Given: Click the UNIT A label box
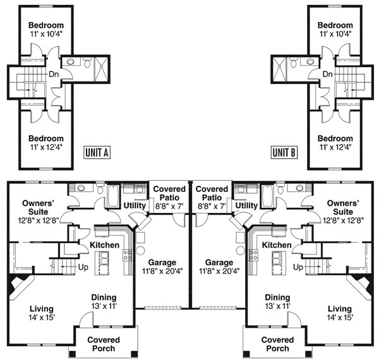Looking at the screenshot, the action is tap(97, 152).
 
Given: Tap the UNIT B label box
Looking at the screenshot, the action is tap(284, 152).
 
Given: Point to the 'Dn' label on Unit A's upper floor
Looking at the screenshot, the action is tap(54, 74).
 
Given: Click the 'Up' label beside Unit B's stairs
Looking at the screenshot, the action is tap(298, 267).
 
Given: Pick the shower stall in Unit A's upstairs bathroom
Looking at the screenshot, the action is tap(101, 69).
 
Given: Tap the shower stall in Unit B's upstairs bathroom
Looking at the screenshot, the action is tap(279, 69).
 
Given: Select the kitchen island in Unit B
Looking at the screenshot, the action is tap(279, 263).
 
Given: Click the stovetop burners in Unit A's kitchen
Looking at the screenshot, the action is tap(128, 255).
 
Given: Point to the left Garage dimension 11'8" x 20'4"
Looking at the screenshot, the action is tap(162, 271).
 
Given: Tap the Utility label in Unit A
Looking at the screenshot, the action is tap(135, 206).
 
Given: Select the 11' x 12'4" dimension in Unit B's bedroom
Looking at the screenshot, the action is tap(335, 147).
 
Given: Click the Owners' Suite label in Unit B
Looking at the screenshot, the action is tap(343, 207).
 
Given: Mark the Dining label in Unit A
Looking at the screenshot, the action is tap(104, 297).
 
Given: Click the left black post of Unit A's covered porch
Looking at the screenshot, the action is tap(72, 354).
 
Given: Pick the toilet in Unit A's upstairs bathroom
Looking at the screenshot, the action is tap(87, 62).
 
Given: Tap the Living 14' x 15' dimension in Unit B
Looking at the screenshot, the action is tap(340, 317).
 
